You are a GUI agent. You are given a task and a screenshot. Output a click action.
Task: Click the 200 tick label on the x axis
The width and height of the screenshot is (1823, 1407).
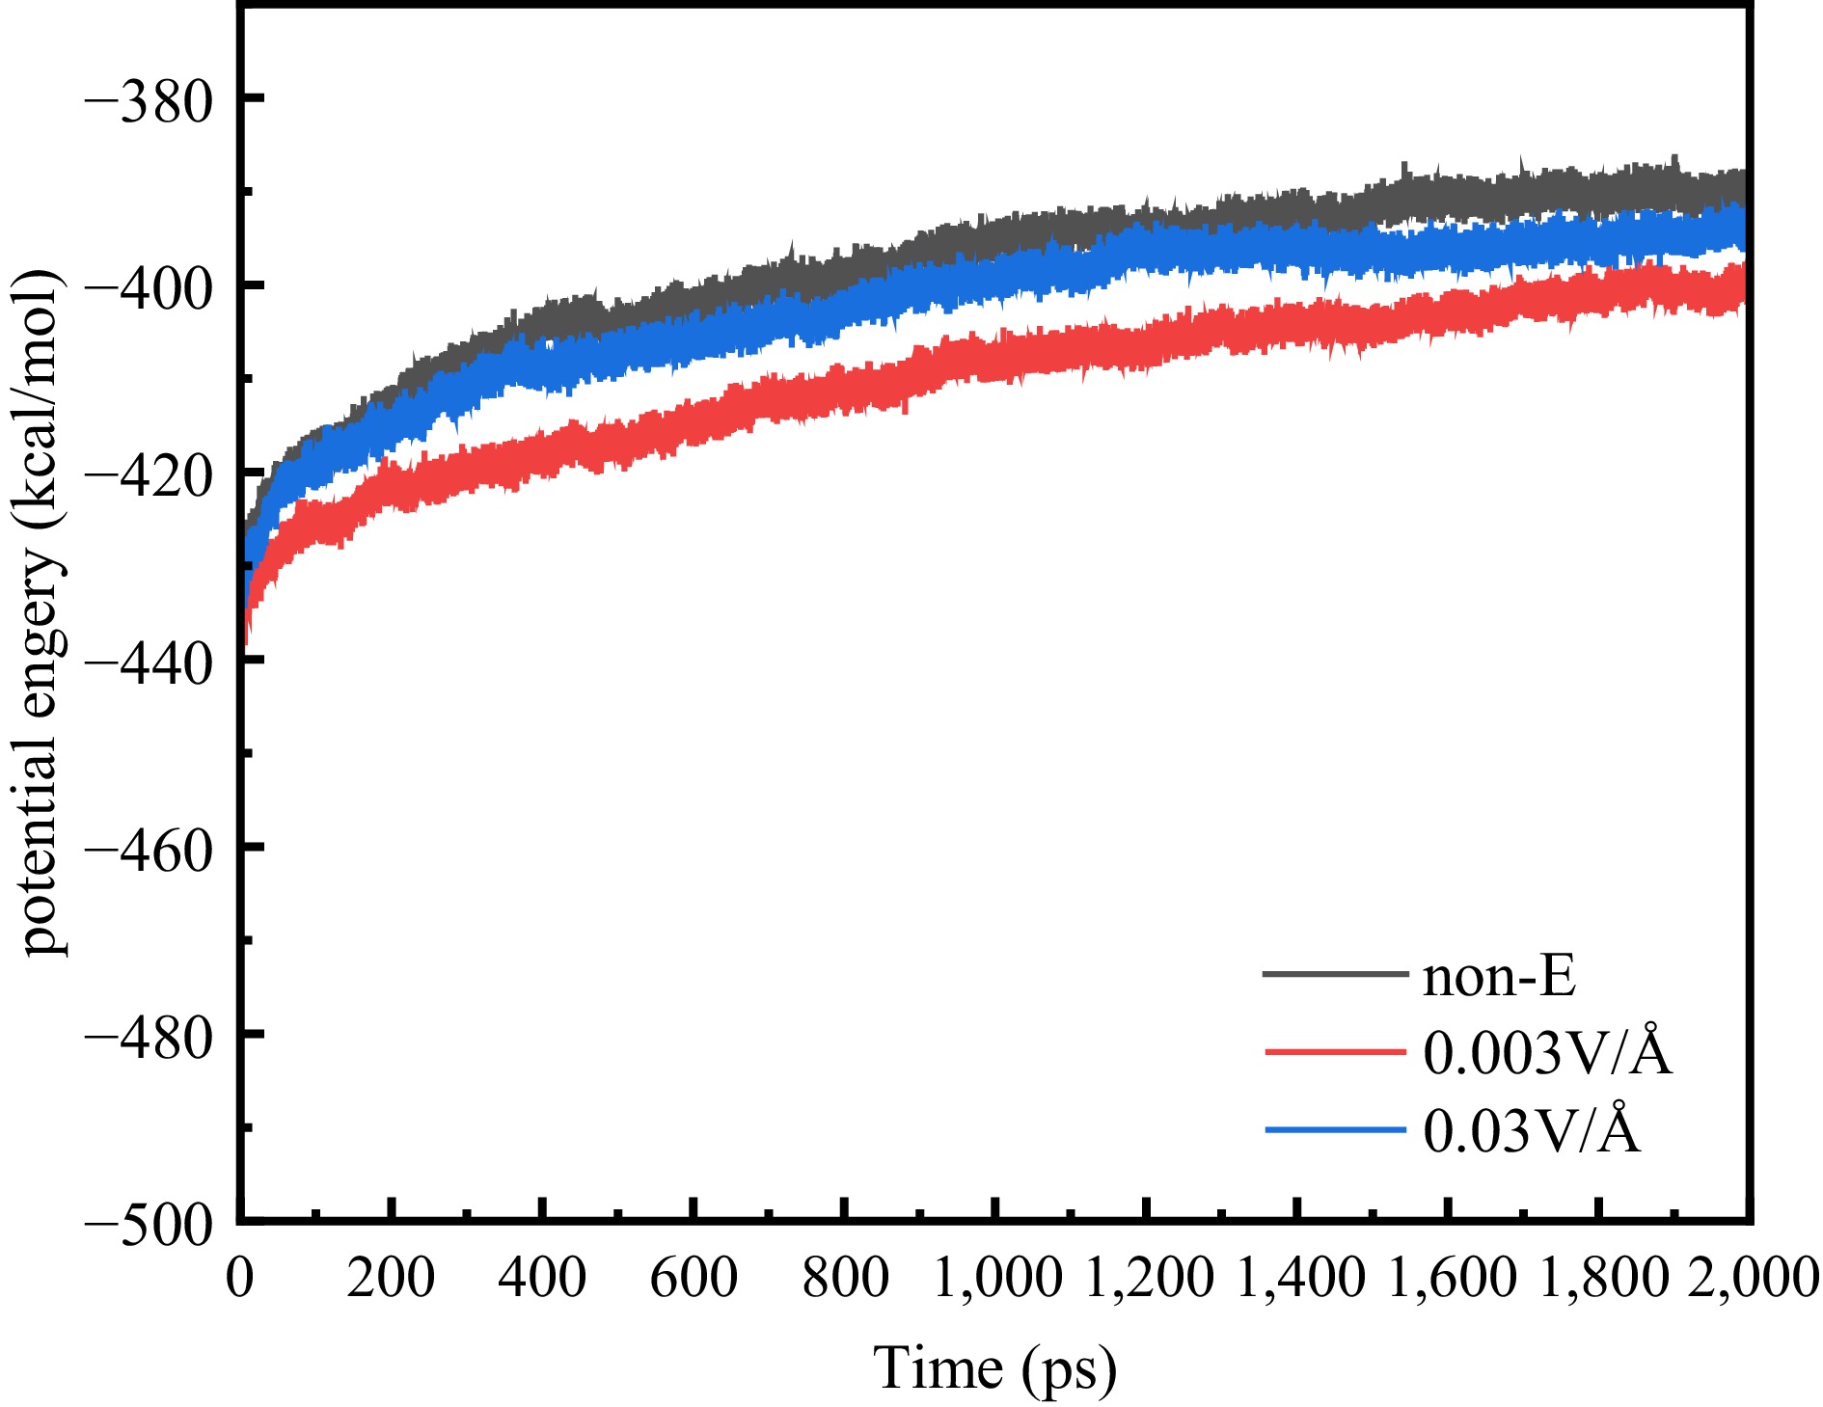pyautogui.click(x=391, y=1279)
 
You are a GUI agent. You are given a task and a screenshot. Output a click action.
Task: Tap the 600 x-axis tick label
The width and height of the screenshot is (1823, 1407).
pyautogui.click(x=694, y=1279)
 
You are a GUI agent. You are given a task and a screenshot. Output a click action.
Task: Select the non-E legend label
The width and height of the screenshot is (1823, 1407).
pyautogui.click(x=1499, y=976)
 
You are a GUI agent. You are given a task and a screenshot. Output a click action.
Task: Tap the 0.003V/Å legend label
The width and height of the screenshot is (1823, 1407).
pyautogui.click(x=1547, y=1052)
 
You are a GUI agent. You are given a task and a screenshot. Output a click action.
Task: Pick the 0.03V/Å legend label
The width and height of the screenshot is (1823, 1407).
pyautogui.click(x=1532, y=1130)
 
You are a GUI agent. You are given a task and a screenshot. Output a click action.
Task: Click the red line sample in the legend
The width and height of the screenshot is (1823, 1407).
pyautogui.click(x=1335, y=1051)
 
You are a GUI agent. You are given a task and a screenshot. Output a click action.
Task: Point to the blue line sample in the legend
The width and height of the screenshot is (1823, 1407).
pyautogui.click(x=1335, y=1129)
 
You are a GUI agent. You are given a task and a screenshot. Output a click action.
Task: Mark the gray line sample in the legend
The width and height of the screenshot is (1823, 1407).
pyautogui.click(x=1335, y=974)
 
